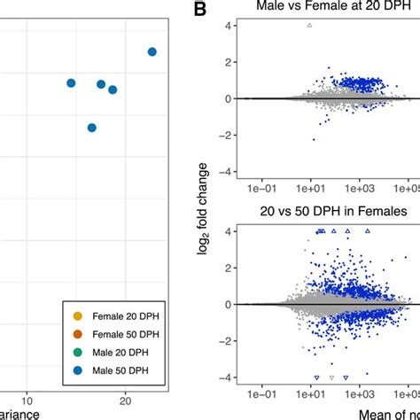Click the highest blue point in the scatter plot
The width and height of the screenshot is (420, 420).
tap(152, 52)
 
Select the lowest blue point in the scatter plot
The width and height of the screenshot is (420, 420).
tap(91, 128)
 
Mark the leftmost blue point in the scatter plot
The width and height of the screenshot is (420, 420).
tap(71, 82)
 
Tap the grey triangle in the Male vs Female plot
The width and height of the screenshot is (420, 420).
tap(309, 25)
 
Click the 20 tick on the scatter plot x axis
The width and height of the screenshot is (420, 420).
tap(126, 401)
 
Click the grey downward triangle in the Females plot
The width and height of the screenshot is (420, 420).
tap(332, 377)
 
